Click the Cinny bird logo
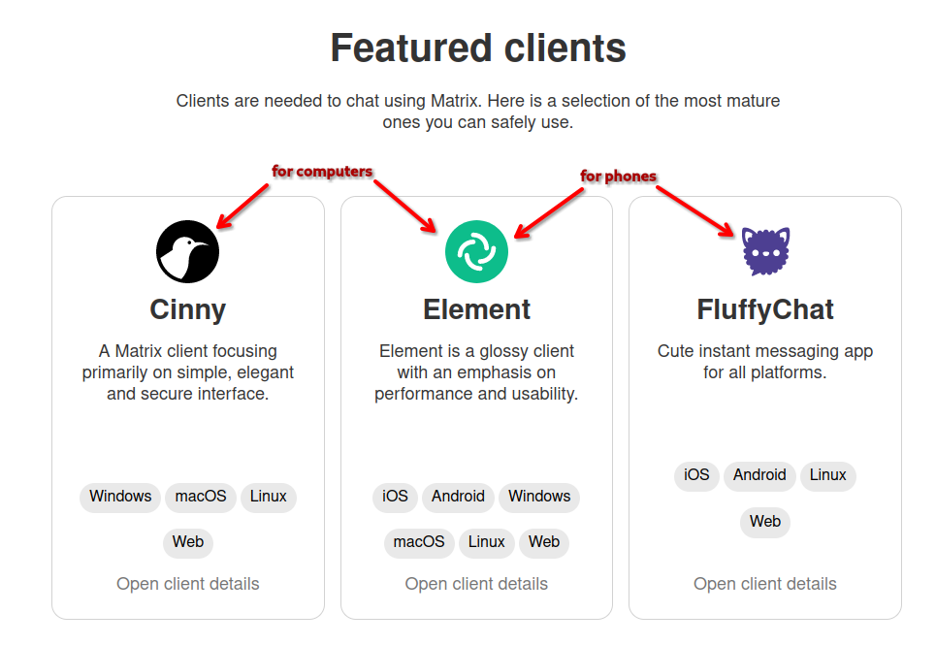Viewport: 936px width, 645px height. coord(187,251)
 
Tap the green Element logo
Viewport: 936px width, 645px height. coord(476,251)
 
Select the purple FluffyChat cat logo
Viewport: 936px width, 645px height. coord(765,251)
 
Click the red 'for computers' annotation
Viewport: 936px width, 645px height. coord(322,172)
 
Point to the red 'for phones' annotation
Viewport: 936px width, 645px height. coord(618,176)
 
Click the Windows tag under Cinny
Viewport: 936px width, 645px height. coord(120,497)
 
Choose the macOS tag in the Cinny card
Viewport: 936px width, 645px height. coord(201,497)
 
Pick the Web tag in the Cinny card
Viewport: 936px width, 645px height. coord(188,541)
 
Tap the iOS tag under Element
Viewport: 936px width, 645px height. coord(395,497)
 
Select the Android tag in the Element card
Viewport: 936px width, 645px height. coord(458,497)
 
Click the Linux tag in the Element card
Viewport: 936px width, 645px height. coord(487,541)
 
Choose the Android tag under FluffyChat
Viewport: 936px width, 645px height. coord(759,475)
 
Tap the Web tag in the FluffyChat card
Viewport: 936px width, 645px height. coord(765,522)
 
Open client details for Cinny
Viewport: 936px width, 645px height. coord(188,584)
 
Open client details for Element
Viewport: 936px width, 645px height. coord(476,584)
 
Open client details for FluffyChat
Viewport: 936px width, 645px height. coord(765,584)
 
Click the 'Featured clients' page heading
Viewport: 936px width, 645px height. coord(478,48)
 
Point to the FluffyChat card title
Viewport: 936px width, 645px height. coord(765,309)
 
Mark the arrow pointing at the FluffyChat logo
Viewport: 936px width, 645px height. coord(695,210)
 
